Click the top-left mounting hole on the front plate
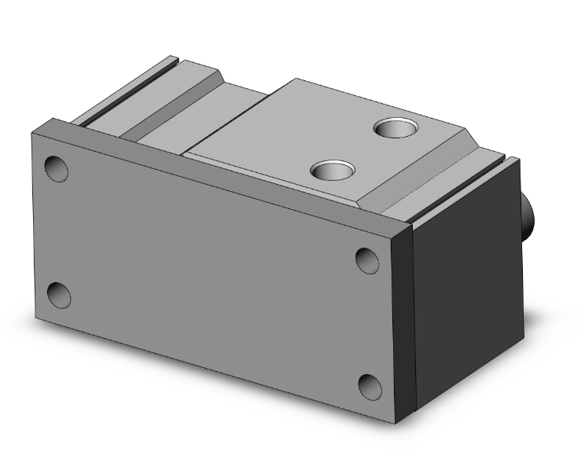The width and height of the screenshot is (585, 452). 57,168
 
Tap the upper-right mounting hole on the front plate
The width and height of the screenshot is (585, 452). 366,259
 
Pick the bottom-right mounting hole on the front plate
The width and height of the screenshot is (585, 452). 370,386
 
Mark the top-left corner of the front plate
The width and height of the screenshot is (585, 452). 33,132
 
